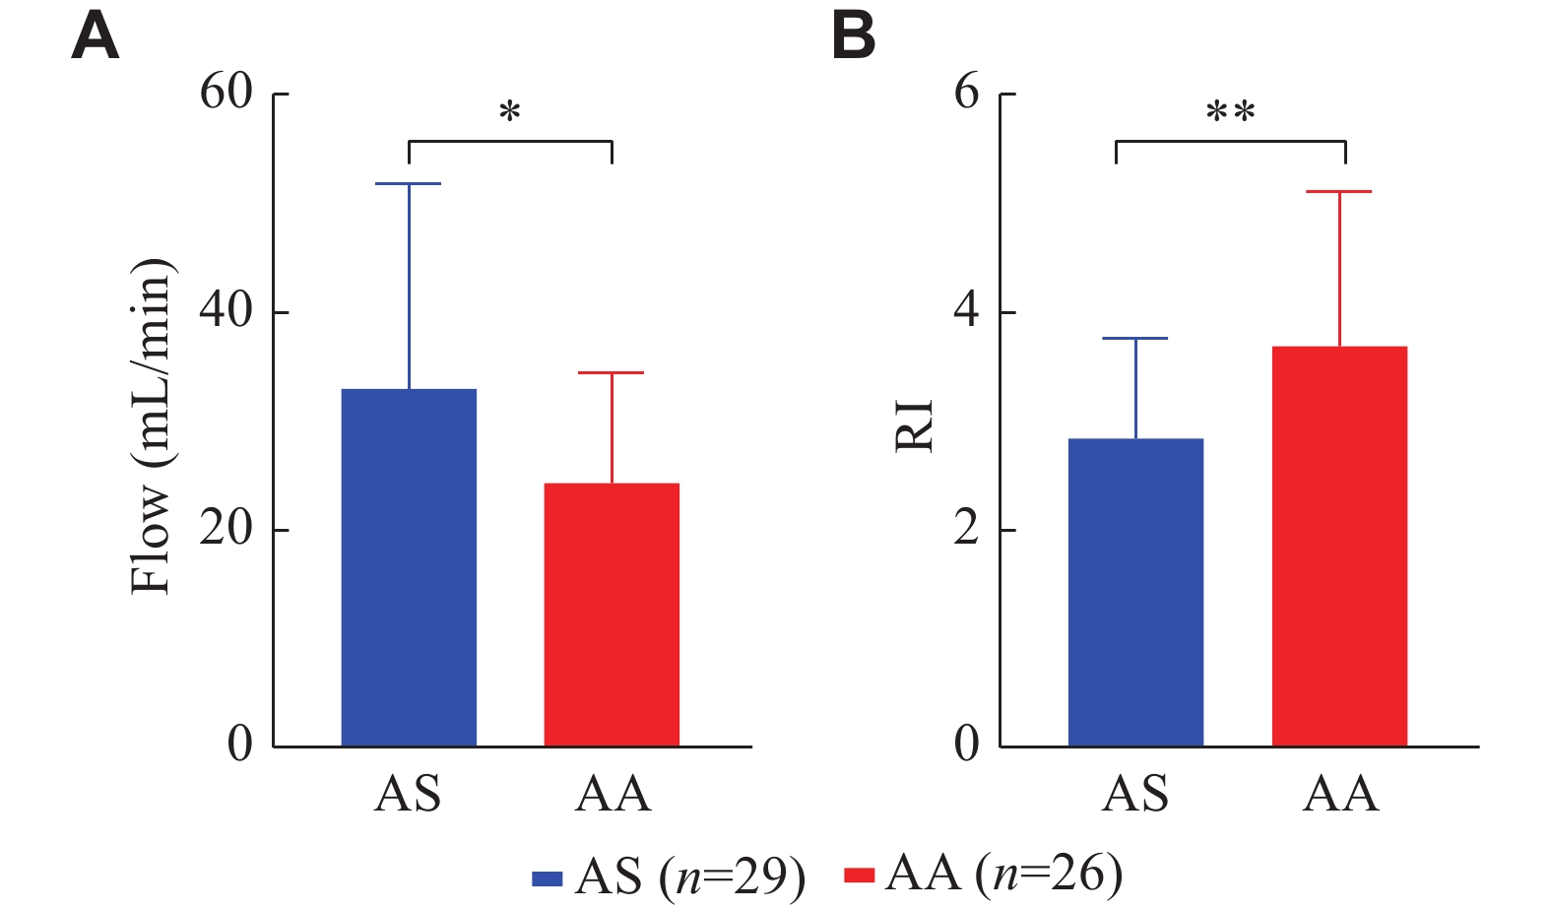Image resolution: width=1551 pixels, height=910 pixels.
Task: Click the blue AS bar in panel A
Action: coord(409,567)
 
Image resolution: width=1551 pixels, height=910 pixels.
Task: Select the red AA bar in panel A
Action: coord(612,615)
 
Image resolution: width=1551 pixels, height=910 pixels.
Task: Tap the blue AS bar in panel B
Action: coord(1135,592)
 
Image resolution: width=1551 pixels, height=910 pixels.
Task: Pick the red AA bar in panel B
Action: coord(1339,546)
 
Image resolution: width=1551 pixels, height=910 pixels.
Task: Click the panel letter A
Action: coord(96,37)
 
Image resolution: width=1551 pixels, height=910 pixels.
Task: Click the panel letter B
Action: coord(853,37)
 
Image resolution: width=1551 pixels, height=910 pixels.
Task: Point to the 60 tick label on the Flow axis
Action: coord(226,93)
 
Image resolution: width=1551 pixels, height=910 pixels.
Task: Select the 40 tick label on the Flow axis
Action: coord(226,311)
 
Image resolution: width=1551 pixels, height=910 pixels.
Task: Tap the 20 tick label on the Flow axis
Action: coord(226,529)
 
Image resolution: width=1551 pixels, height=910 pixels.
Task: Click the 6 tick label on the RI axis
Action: coord(967,93)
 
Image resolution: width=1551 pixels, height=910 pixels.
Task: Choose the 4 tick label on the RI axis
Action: coord(967,311)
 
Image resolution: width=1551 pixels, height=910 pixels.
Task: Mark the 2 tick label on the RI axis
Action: coord(967,529)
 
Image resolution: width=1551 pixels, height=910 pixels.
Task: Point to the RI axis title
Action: coord(914,425)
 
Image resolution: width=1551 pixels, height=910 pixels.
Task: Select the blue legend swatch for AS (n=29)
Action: coord(547,877)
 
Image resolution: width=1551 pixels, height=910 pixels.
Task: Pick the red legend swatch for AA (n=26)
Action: coord(859,875)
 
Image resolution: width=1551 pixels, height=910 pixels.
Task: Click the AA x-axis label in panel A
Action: coord(613,794)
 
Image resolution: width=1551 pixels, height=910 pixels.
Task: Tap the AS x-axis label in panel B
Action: coord(1135,794)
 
